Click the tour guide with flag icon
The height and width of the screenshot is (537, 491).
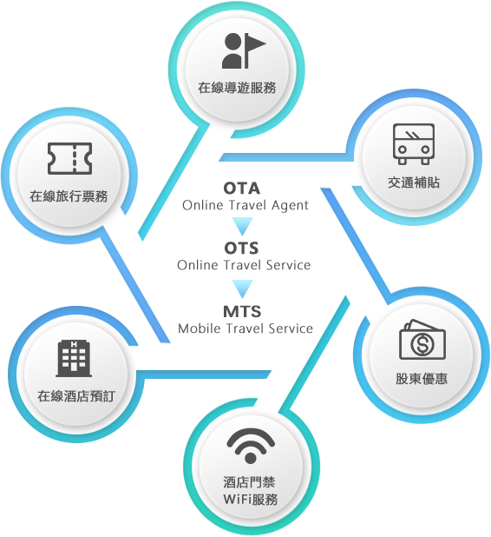pos(244,50)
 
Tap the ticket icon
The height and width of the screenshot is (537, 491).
pos(69,158)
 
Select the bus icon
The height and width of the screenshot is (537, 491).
pos(414,144)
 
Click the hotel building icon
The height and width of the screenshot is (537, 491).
pos(74,358)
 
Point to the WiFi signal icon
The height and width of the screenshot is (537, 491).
pos(251,447)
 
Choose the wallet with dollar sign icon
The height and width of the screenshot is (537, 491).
pos(422,340)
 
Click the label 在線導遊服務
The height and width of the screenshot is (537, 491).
pos(237,88)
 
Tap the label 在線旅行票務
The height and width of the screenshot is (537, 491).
pos(69,196)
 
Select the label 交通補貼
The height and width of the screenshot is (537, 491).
pos(414,182)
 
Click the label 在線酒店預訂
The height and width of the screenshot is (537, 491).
pos(76,396)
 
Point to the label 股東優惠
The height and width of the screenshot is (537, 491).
pos(422,379)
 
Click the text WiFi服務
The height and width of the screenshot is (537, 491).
pos(251,500)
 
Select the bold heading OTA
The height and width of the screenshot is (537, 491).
pos(242,189)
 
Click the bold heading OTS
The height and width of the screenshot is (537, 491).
pos(241,249)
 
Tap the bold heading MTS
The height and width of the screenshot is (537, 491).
pos(242,312)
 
